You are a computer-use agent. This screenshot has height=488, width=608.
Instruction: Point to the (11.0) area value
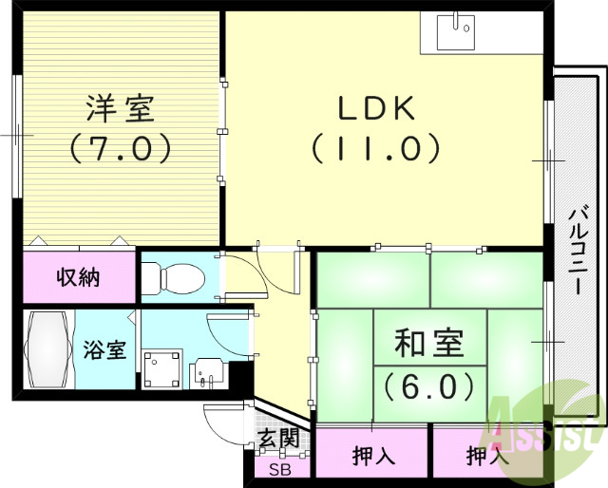(x=376, y=147)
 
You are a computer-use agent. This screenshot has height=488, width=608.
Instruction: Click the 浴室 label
(x=104, y=349)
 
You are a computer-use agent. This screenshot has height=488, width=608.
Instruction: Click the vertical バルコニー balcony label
(x=577, y=251)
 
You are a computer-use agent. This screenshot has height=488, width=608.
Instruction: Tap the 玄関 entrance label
(x=278, y=439)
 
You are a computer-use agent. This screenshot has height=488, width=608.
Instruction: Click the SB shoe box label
(x=278, y=470)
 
